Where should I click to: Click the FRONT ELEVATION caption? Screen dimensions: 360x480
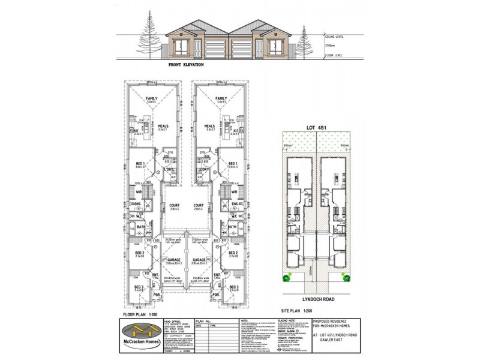coord(186,64)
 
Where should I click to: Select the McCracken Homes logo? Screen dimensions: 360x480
coord(143,331)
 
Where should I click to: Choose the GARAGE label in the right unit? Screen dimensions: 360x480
coord(200,260)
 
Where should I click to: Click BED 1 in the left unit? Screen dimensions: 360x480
coord(140,164)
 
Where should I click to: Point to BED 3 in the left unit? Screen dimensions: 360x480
coord(139,288)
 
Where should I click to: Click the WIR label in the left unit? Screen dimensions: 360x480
coord(138,192)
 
